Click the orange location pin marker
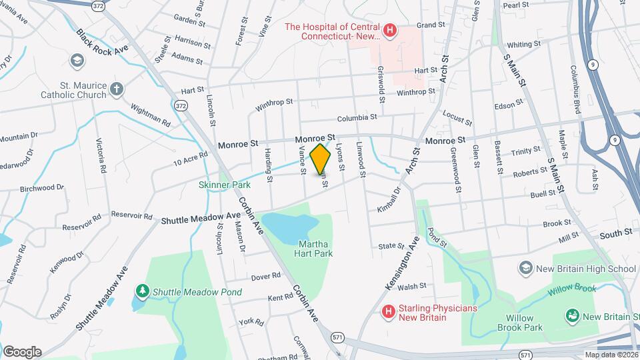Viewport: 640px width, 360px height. [x=321, y=159]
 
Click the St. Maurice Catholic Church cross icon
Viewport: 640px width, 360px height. [x=117, y=89]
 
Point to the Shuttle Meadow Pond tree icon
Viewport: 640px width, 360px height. [x=141, y=291]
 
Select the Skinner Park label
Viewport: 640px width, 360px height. [x=223, y=184]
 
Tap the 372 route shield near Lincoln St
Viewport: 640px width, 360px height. [x=181, y=105]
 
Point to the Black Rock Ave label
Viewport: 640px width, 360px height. [x=101, y=43]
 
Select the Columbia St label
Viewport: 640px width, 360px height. [x=357, y=117]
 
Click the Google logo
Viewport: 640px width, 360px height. [x=22, y=352]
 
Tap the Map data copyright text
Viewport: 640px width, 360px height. [x=610, y=355]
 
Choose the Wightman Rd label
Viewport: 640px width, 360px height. [x=150, y=115]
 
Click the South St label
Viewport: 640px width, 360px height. [x=615, y=233]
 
